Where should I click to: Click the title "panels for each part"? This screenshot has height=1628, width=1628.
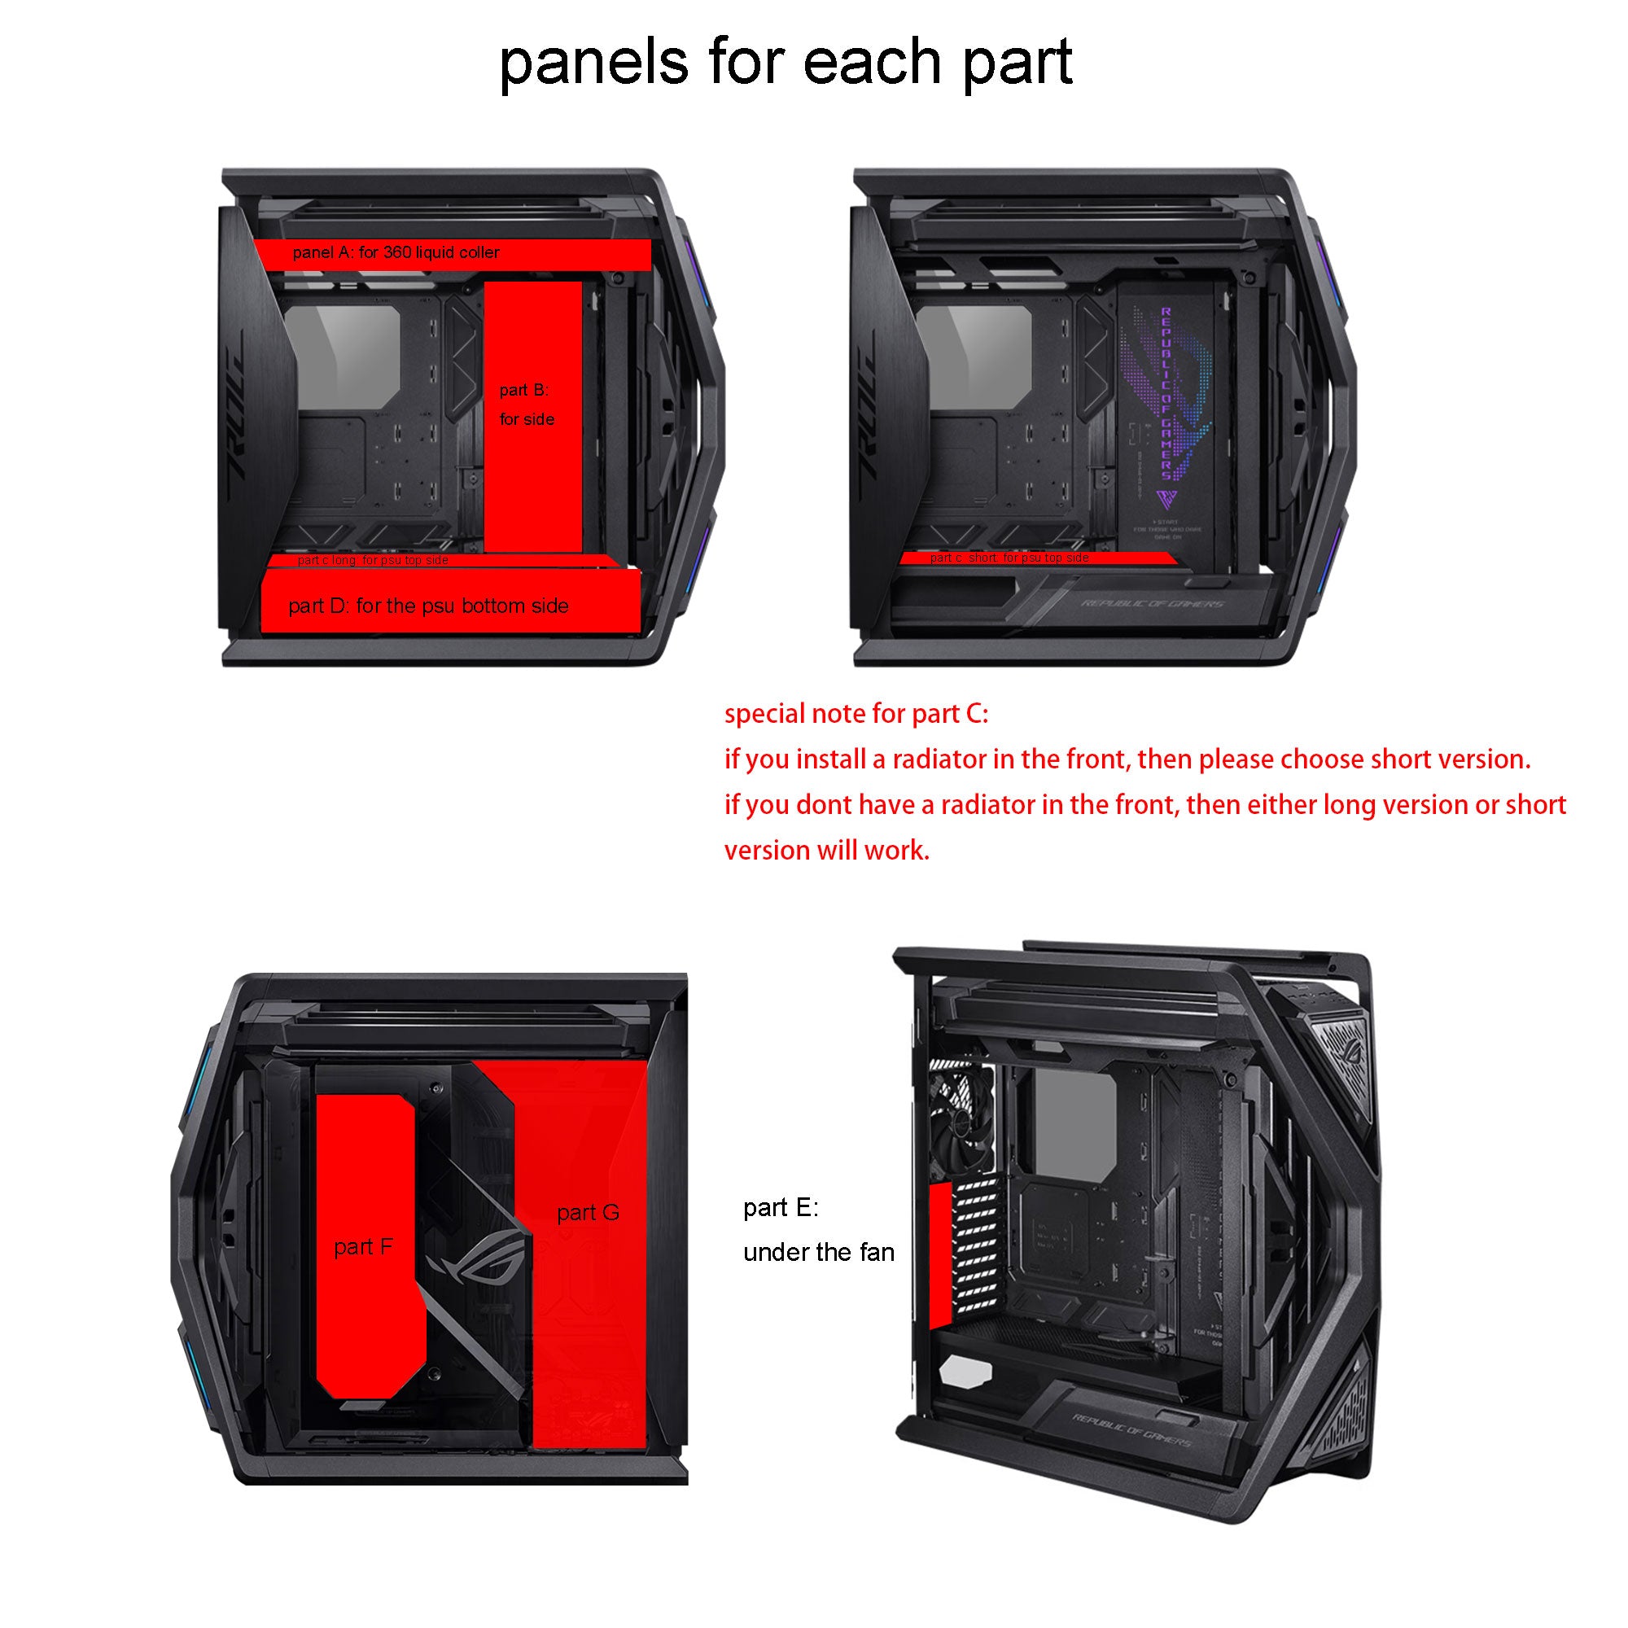point(786,63)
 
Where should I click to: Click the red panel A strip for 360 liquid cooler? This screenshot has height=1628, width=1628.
point(453,254)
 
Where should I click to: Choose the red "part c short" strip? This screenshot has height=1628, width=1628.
point(1037,558)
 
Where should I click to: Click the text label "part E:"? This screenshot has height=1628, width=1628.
point(781,1207)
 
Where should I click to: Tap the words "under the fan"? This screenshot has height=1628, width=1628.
point(818,1252)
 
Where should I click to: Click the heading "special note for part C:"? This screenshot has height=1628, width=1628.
point(856,714)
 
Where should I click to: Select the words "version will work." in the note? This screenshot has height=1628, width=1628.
point(827,851)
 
